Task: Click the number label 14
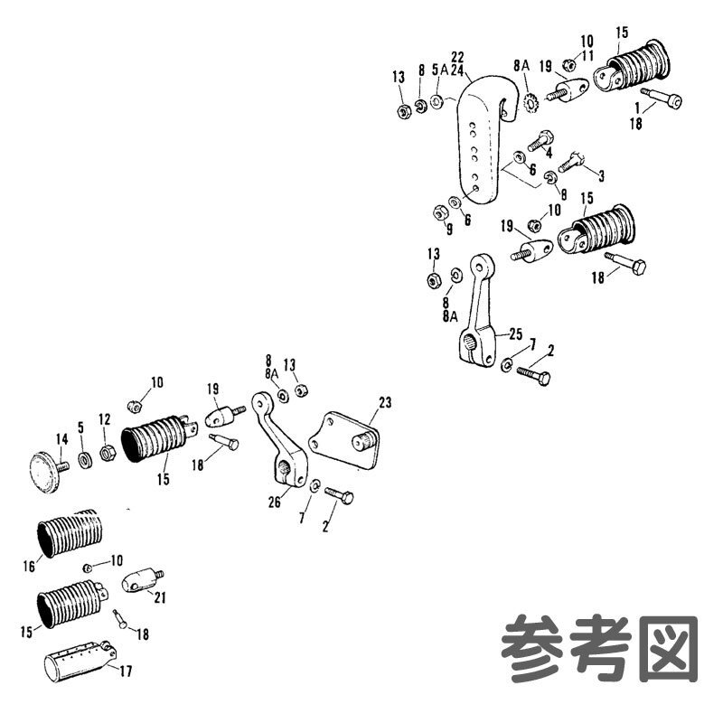point(61,440)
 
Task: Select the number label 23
point(386,401)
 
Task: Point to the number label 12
point(105,419)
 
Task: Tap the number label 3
point(601,173)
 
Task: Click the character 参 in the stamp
point(531,647)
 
